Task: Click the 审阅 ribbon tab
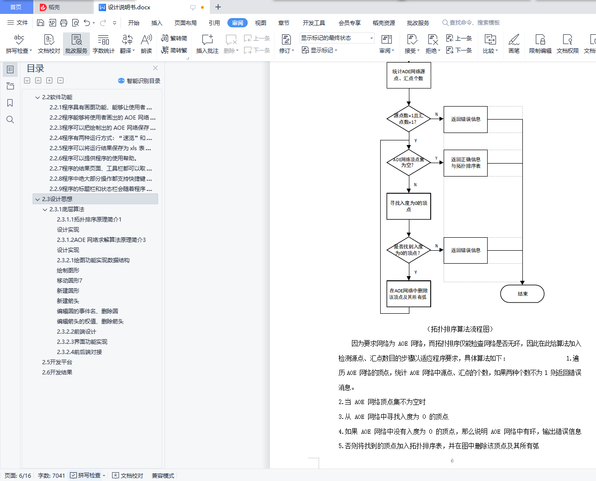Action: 237,23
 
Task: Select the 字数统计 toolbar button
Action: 103,44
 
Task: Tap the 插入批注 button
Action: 207,44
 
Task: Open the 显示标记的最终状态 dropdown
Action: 337,38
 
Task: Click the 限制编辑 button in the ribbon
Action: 540,44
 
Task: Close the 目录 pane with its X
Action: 155,68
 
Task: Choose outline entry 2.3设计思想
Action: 57,199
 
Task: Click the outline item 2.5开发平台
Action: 57,362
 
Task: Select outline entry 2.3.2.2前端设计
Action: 76,332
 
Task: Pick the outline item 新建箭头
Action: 68,301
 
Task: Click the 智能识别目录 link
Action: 139,81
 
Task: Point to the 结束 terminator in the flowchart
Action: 522,294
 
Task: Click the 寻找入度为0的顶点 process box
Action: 408,206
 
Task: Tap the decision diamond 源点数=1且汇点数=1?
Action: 408,119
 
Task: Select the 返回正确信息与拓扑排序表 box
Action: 465,163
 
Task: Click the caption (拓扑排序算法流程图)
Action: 459,329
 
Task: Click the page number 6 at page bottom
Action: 452,461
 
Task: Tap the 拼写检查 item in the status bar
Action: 88,475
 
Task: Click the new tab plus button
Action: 218,7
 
